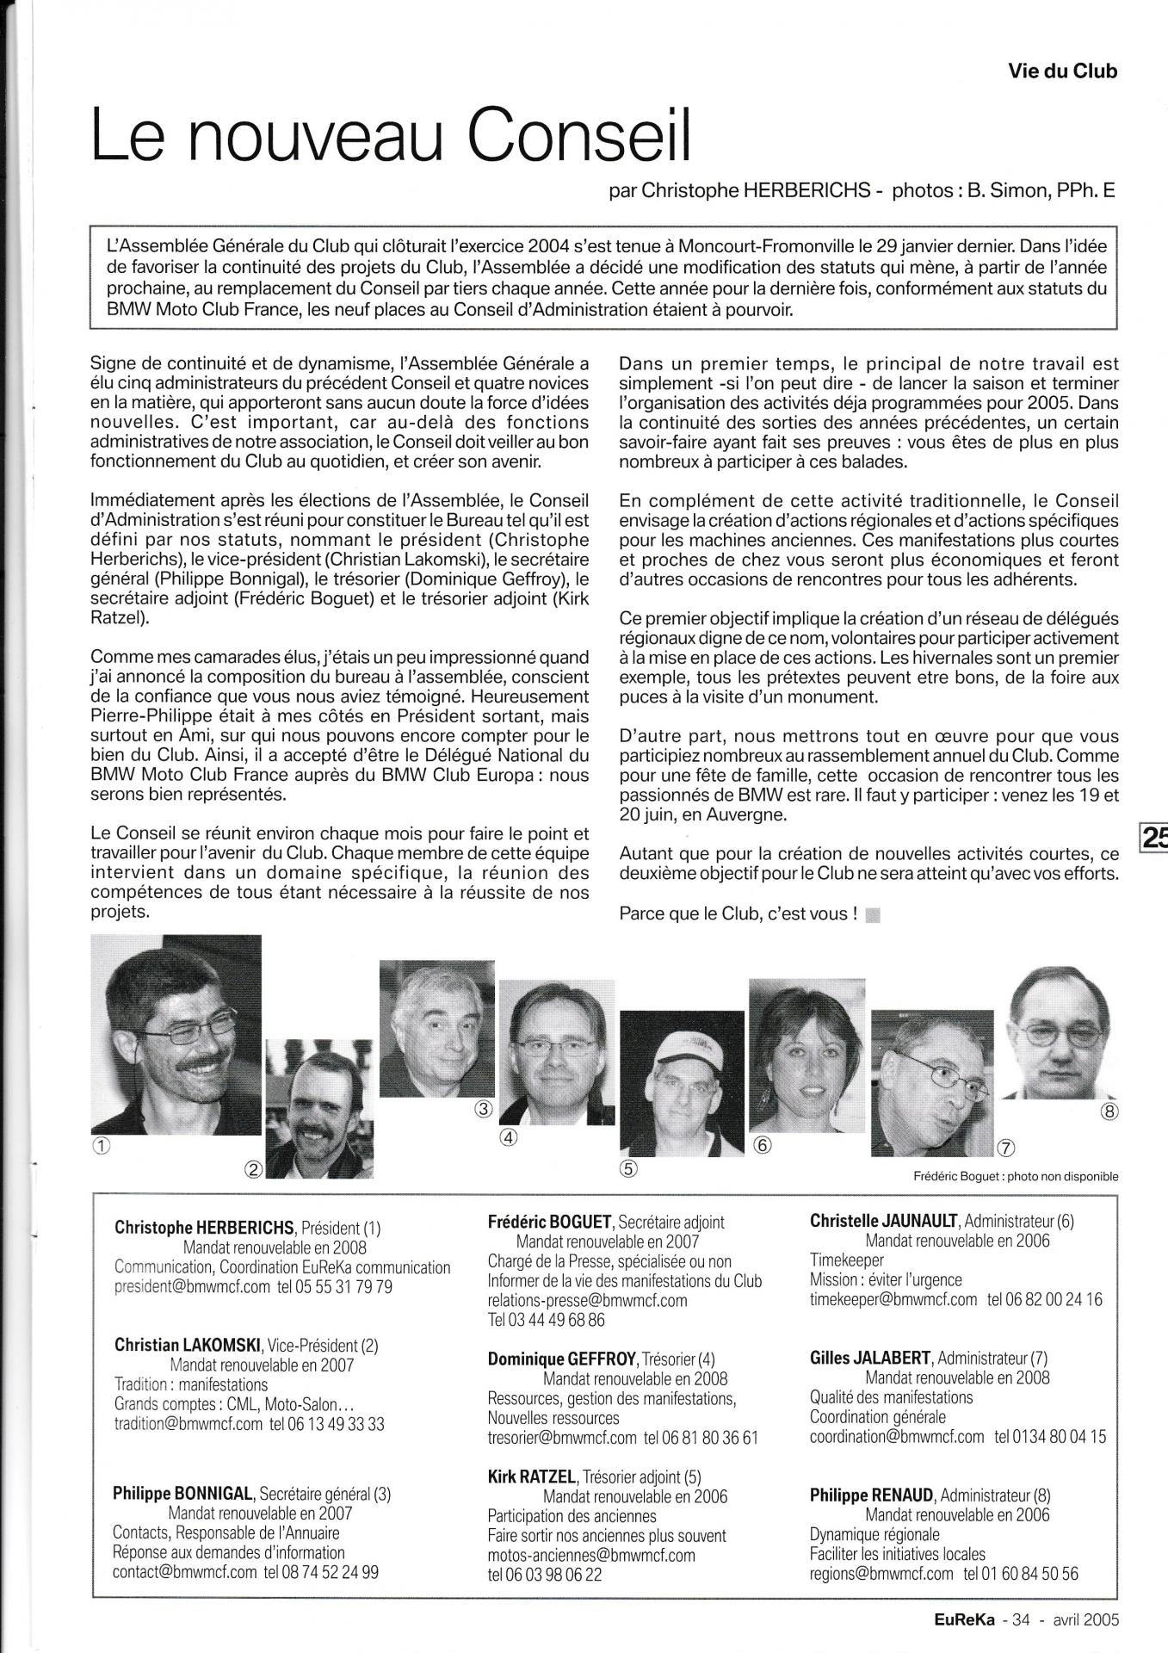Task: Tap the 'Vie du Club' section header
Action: [1062, 71]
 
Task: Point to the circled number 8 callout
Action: [1109, 1111]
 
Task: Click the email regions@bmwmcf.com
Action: [881, 1573]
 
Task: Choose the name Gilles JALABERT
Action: [870, 1358]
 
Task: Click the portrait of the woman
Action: [806, 1060]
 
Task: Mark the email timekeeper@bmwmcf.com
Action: [893, 1299]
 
